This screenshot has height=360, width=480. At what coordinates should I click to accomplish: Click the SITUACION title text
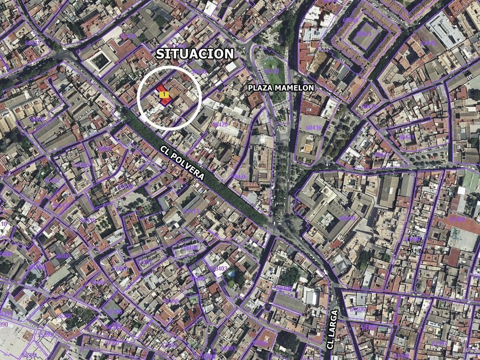195,54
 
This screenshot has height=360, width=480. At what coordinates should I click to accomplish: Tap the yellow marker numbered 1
163,94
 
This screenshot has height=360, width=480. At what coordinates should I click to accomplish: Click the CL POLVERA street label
182,163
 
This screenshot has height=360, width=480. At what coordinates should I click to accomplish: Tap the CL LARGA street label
332,329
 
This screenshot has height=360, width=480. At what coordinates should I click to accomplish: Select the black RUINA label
418,251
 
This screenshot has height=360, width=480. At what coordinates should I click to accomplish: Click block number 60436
313,128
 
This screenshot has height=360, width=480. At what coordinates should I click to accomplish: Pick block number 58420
220,124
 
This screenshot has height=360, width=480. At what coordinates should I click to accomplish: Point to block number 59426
239,177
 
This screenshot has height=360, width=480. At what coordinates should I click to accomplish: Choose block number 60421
407,137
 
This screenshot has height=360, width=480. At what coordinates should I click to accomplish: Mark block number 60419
369,106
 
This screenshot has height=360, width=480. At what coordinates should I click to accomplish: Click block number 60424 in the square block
364,34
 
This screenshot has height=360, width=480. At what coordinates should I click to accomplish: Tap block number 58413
191,211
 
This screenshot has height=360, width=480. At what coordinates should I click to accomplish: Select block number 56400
62,256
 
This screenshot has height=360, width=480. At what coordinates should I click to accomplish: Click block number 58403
220,268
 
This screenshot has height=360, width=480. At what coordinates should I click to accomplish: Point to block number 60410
347,218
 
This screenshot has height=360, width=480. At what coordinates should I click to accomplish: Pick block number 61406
357,309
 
